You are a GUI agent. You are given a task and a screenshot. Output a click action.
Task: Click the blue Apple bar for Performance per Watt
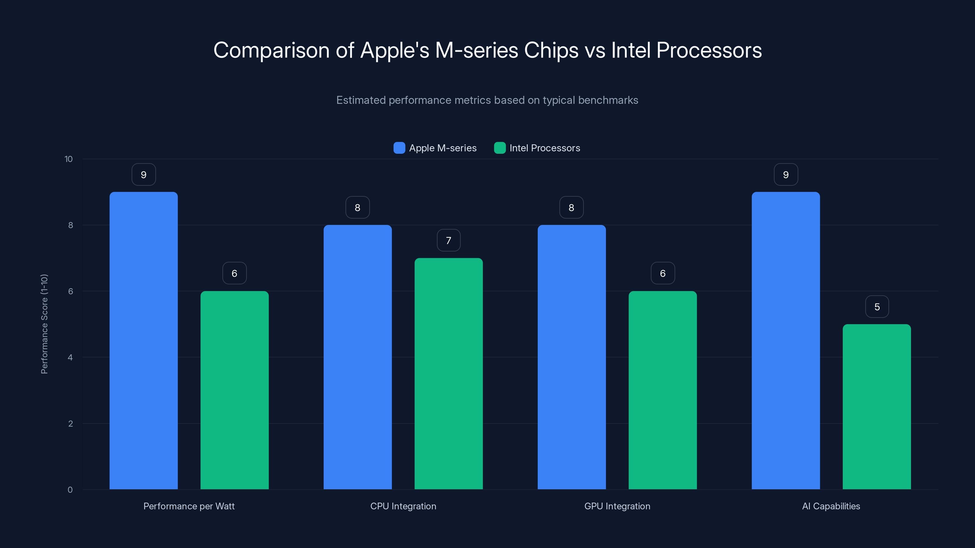point(144,340)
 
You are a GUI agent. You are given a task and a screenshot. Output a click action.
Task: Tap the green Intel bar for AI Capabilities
point(877,406)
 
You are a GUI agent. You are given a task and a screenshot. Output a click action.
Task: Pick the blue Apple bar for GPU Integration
point(572,357)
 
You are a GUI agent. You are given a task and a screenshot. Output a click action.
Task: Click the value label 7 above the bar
point(448,240)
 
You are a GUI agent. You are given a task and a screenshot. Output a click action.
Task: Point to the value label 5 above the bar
point(877,307)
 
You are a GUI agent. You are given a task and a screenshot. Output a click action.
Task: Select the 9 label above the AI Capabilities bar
point(786,175)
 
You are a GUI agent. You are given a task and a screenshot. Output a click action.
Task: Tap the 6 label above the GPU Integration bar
point(663,273)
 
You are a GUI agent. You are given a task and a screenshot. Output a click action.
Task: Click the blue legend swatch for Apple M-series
point(399,148)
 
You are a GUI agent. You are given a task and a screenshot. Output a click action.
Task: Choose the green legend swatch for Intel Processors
point(500,148)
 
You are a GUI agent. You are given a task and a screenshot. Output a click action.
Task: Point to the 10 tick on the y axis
point(69,159)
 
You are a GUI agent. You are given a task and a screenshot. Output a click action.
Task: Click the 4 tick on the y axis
point(70,357)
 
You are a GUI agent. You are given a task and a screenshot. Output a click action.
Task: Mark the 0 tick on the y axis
point(70,490)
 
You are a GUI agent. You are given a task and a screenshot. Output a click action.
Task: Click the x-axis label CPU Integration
point(403,506)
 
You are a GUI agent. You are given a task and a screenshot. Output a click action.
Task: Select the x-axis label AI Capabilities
point(831,506)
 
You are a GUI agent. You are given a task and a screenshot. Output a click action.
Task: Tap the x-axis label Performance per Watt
point(189,506)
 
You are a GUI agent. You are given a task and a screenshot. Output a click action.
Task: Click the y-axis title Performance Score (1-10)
point(44,324)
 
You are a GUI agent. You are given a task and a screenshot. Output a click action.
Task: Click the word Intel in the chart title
point(631,50)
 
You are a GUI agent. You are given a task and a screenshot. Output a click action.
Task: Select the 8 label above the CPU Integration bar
point(357,208)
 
